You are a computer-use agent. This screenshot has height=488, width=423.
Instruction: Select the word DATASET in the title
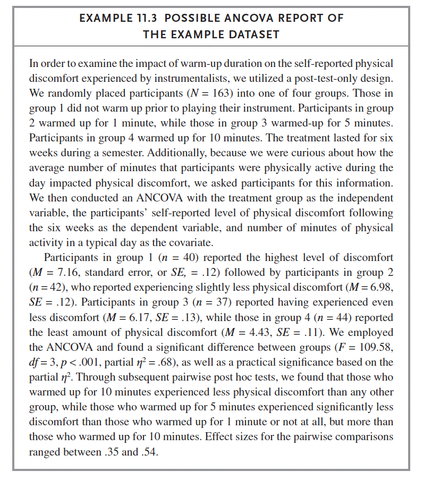[x=253, y=34]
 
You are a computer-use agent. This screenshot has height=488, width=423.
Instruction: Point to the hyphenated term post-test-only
[x=327, y=78]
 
